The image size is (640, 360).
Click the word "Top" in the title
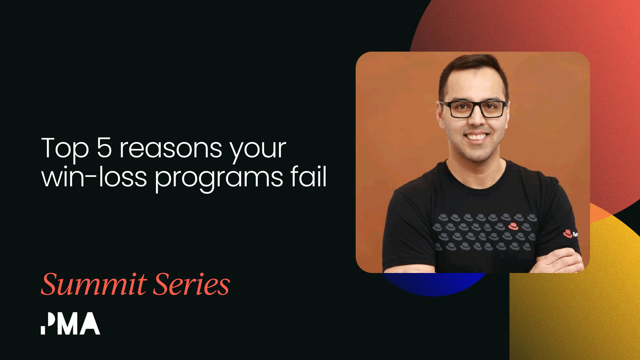(65, 148)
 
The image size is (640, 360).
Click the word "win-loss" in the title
(94, 177)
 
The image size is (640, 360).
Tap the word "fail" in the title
(308, 176)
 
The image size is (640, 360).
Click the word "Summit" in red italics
(94, 284)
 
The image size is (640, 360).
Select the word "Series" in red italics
(192, 284)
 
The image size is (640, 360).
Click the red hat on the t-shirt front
(513, 226)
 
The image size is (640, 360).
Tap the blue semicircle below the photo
(433, 284)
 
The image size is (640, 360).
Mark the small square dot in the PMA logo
(43, 330)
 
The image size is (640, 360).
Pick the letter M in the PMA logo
(68, 324)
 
